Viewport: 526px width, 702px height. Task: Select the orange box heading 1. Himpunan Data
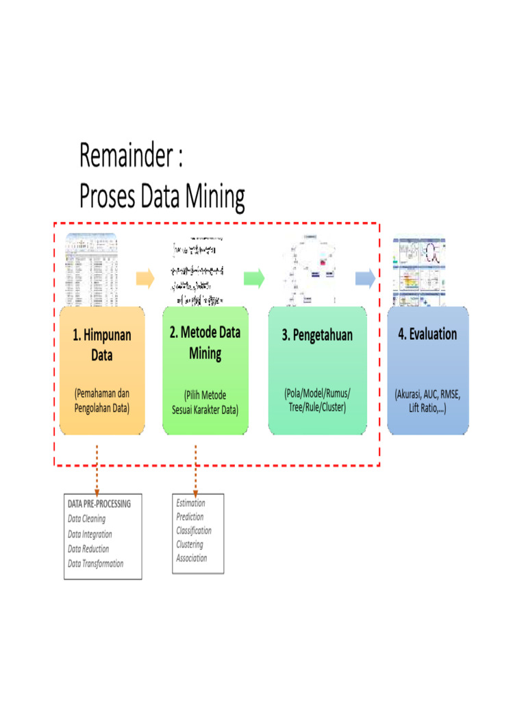pos(101,345)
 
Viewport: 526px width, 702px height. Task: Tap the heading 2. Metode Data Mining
pos(205,343)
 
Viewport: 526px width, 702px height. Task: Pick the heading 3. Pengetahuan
pos(317,335)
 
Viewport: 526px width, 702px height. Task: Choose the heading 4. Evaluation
pos(427,334)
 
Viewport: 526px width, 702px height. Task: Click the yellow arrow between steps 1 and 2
pos(145,278)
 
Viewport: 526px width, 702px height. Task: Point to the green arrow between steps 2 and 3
pos(253,278)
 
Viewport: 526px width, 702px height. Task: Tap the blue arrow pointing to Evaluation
pos(365,278)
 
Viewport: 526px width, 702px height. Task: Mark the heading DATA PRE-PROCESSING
pos(99,504)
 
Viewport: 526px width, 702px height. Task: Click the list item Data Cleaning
pos(86,519)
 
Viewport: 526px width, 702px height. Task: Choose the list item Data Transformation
pos(96,564)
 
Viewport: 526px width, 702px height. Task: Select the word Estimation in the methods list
pos(190,503)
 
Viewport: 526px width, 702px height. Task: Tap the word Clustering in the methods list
pos(190,544)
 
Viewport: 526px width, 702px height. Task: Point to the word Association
pos(192,558)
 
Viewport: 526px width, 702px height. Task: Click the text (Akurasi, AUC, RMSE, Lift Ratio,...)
pos(427,401)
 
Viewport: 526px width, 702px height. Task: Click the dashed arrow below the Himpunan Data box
pos(97,469)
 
